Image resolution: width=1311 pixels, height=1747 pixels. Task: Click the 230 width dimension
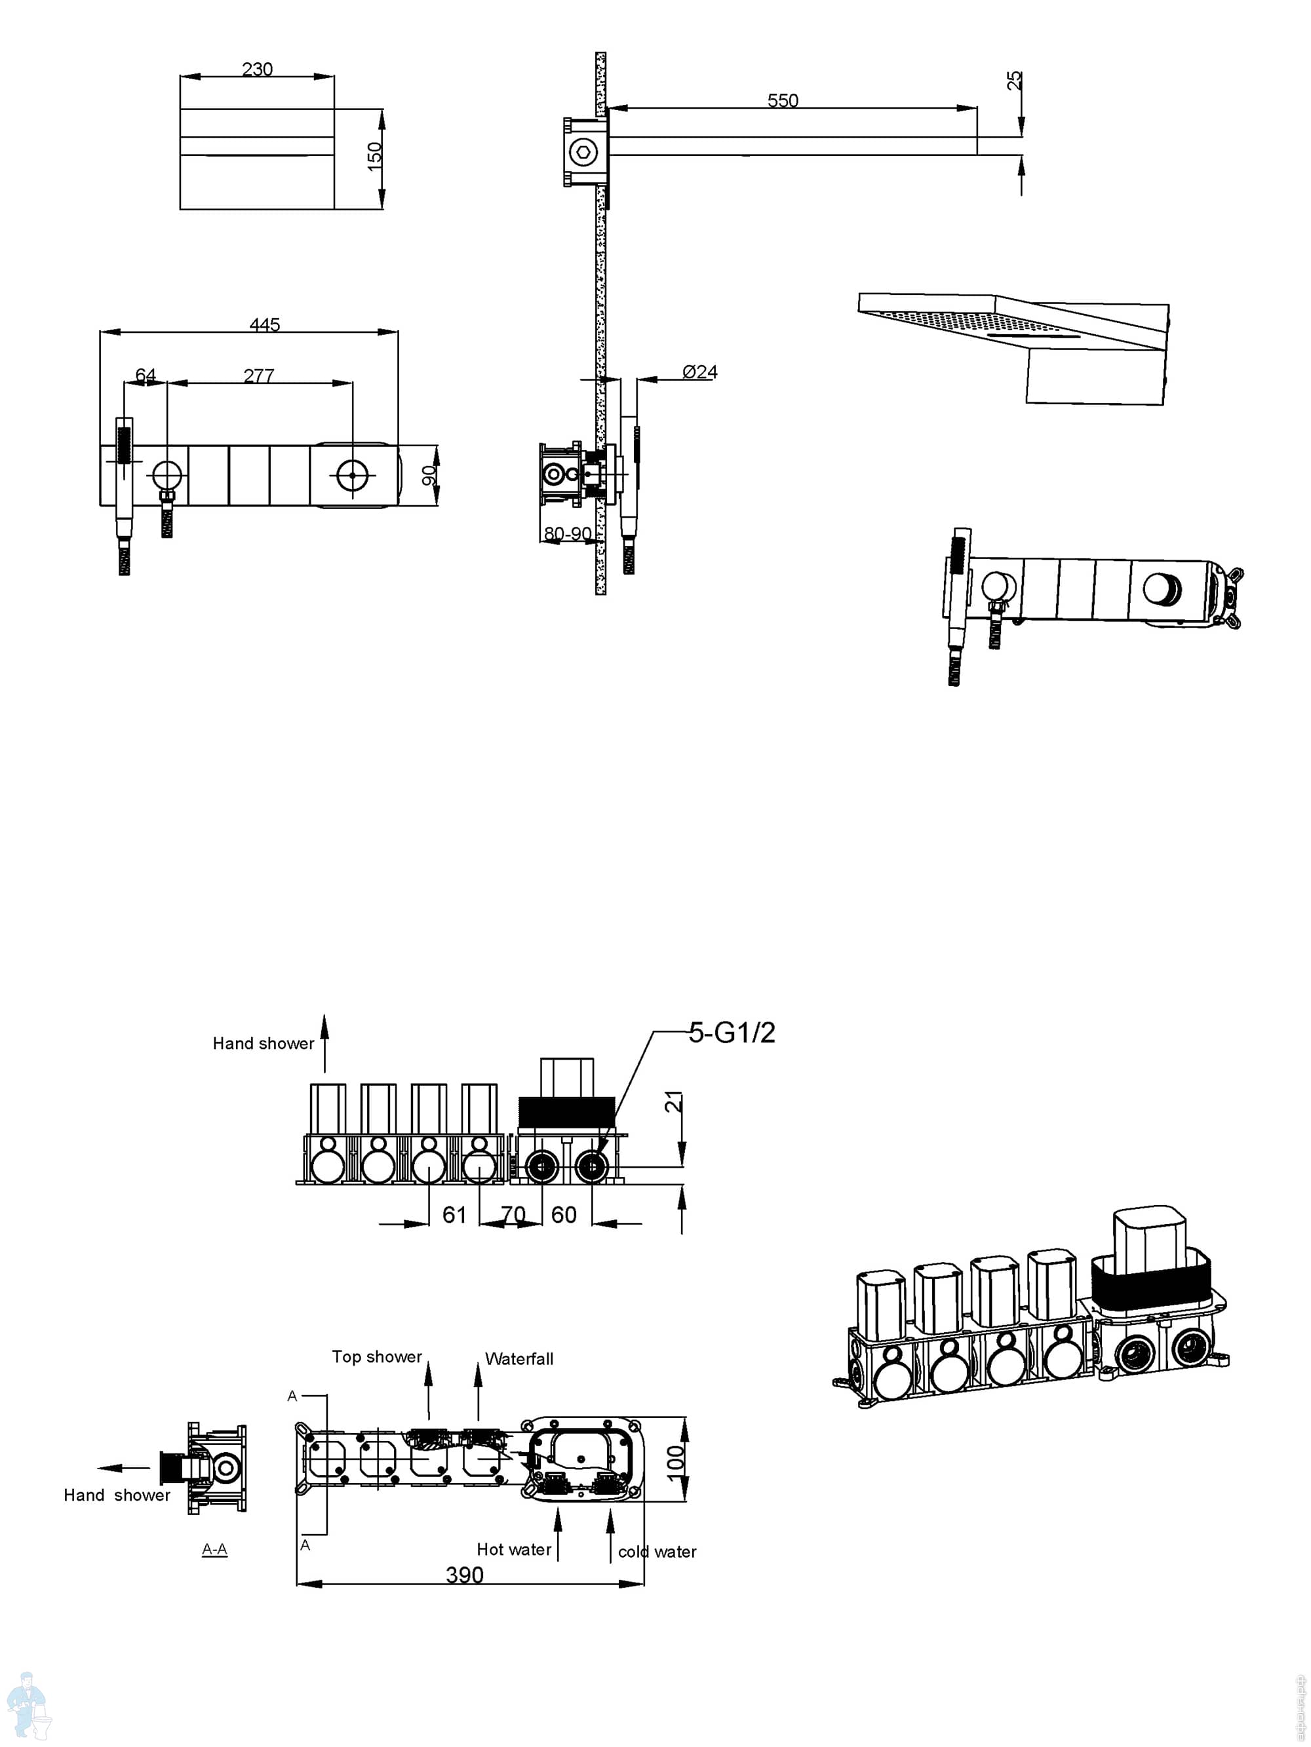click(x=257, y=69)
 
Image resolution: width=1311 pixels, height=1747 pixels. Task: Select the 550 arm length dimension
click(x=782, y=100)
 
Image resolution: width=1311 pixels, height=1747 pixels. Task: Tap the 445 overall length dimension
click(x=264, y=324)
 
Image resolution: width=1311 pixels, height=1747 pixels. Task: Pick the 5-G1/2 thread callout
click(x=731, y=1032)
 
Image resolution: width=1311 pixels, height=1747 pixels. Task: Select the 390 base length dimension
click(x=464, y=1575)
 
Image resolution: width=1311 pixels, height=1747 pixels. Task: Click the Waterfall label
click(x=519, y=1359)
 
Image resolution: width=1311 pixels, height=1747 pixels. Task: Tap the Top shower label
click(x=376, y=1357)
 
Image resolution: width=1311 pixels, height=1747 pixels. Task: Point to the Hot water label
click(x=514, y=1550)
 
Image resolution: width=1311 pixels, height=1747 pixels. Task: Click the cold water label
click(x=657, y=1552)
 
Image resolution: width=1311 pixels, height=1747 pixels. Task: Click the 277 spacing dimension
click(x=258, y=376)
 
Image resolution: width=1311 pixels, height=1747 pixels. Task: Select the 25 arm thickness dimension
click(x=1014, y=80)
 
